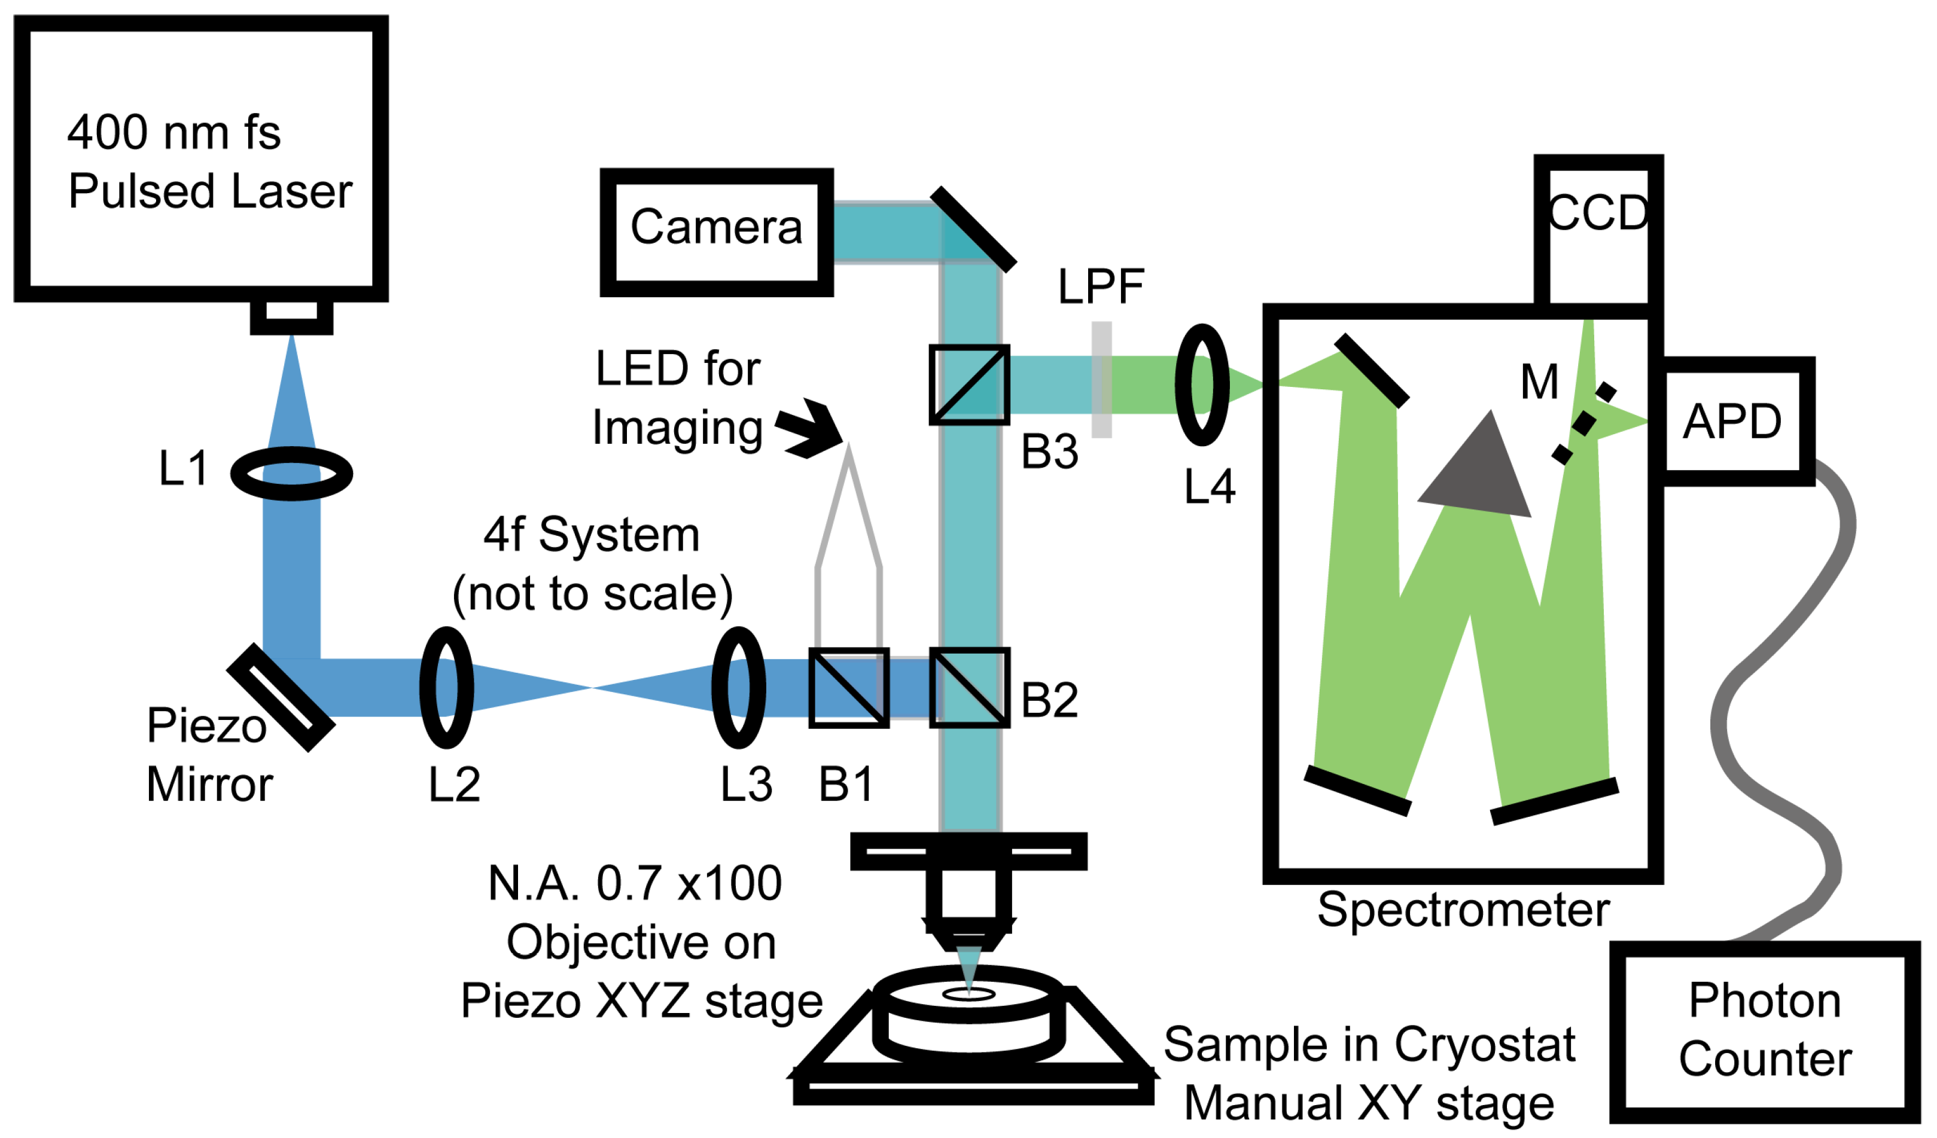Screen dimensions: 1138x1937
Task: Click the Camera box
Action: pos(717,232)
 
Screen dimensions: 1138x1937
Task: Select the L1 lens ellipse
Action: pos(291,474)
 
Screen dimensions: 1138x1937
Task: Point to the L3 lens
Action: pos(739,688)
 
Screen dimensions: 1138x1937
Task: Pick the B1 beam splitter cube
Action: pos(849,688)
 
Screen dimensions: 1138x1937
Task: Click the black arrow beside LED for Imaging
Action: pos(811,429)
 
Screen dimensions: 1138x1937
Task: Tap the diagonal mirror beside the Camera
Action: pos(974,229)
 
